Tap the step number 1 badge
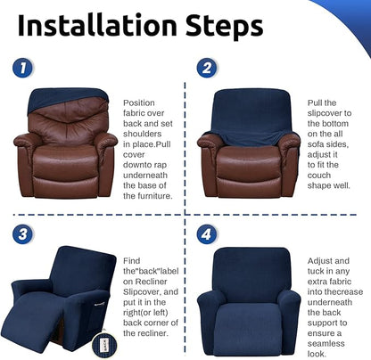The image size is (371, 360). [21, 68]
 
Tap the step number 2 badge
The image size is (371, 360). [207, 68]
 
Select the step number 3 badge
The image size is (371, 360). [21, 235]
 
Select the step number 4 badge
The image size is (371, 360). [207, 235]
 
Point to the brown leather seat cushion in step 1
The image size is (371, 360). [66, 158]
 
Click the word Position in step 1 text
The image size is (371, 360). [137, 103]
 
